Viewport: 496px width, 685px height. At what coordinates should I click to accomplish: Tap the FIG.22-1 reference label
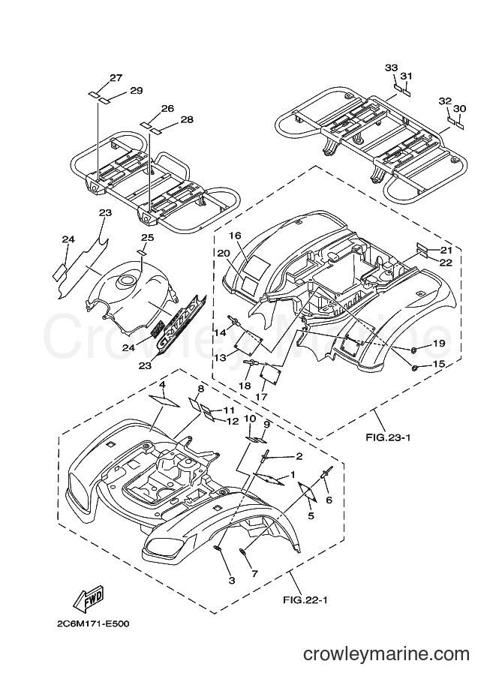[305, 599]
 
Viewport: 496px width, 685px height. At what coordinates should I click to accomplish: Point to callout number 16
[235, 236]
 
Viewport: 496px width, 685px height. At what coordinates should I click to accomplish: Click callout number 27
[116, 78]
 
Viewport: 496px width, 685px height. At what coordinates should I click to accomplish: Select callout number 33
[391, 68]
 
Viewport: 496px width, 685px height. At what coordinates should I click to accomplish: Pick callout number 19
[438, 344]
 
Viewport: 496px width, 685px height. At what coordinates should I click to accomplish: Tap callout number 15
[438, 363]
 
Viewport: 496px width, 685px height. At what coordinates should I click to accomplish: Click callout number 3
[232, 580]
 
